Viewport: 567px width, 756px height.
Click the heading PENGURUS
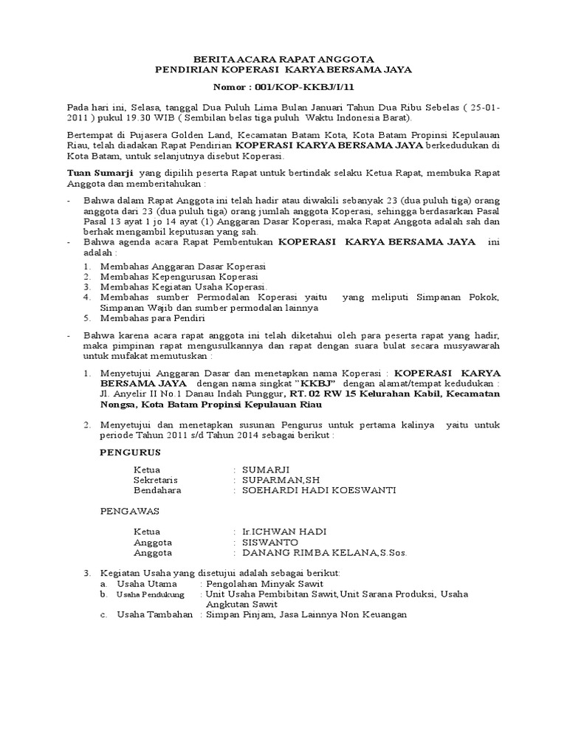click(x=130, y=451)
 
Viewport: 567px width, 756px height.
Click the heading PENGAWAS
click(x=131, y=509)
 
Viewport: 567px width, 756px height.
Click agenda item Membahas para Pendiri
click(x=155, y=317)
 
